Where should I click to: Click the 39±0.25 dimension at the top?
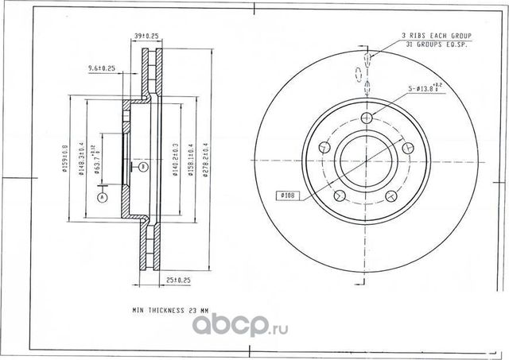pyautogui.click(x=147, y=36)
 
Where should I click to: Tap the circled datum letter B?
pyautogui.click(x=142, y=167)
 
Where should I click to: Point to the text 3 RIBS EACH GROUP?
pyautogui.click(x=437, y=37)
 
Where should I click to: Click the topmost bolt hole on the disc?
pyautogui.click(x=366, y=118)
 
